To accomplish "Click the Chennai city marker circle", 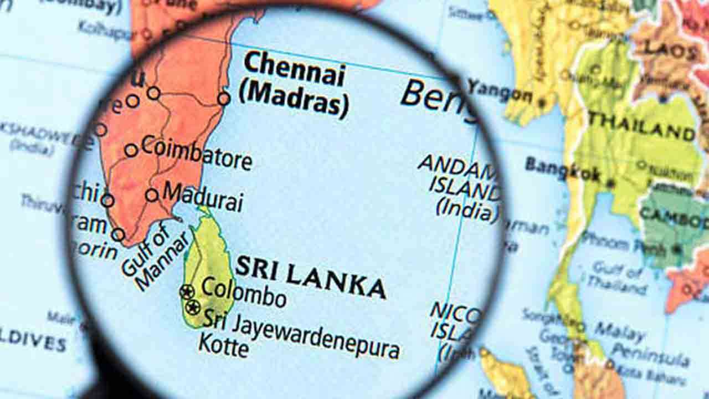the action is coord(223,99).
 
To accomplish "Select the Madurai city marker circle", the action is coord(152,195).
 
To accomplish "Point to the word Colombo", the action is coord(243,292).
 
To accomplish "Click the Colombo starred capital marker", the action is coord(187,291).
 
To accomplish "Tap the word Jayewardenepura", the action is coord(316,335).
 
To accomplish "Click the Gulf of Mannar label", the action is coord(152,258).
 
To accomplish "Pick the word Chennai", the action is coord(294,69).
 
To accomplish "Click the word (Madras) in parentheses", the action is coord(294,100).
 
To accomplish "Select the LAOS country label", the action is coord(671,50).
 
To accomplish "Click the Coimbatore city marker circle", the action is coord(131,150).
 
